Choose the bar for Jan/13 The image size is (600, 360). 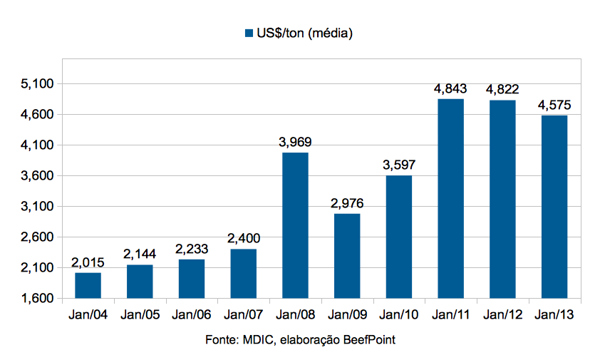[554, 207]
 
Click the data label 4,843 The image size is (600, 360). [450, 89]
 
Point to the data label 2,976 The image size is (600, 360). [347, 203]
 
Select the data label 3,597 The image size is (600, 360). [399, 165]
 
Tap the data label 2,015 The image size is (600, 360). [88, 262]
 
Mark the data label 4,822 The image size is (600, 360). [502, 90]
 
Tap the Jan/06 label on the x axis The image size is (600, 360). [191, 314]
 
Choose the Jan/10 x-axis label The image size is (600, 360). [399, 314]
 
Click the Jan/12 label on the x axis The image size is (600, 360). [502, 314]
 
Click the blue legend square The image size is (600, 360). [249, 34]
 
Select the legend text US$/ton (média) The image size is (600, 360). [306, 34]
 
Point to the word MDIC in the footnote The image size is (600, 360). [254, 340]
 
